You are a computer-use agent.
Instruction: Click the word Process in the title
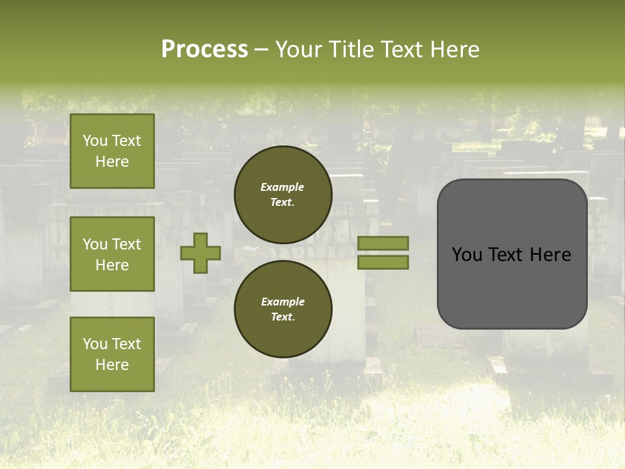(204, 50)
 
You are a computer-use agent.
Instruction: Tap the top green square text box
(112, 151)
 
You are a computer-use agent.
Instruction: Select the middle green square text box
(112, 254)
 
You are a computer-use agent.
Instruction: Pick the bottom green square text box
(112, 354)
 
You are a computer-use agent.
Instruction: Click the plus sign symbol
(201, 253)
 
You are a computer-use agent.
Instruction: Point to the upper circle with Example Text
(283, 194)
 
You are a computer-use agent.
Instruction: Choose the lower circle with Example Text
(283, 309)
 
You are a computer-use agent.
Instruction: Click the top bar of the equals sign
(383, 243)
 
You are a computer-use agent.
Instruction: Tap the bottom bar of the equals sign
(383, 263)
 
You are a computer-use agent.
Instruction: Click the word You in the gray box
(467, 255)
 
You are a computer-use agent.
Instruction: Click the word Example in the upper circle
(283, 187)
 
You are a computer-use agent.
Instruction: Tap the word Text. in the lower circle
(283, 317)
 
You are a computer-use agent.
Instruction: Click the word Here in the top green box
(112, 162)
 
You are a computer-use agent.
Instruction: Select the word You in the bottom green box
(95, 344)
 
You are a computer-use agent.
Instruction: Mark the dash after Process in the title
(261, 50)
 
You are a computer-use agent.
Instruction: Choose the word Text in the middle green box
(126, 244)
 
